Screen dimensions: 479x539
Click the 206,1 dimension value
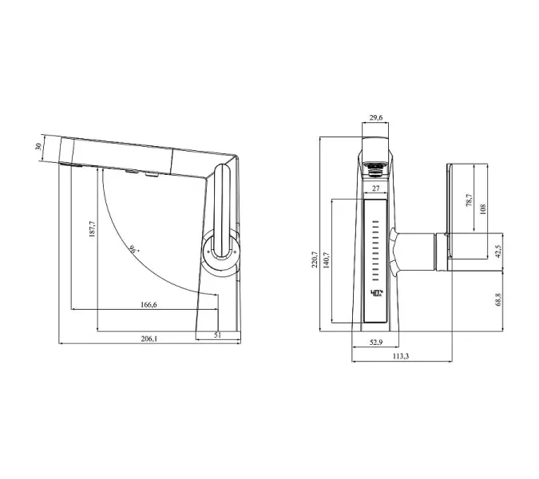point(149,338)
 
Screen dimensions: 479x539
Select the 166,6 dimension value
point(148,304)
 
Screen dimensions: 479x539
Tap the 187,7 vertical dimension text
point(92,235)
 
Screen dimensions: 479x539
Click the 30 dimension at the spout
point(37,148)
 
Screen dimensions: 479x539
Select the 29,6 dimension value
point(376,118)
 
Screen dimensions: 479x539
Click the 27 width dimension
point(375,189)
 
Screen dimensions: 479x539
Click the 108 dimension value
point(482,209)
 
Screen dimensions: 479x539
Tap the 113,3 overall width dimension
point(401,356)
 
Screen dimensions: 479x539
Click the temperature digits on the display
point(375,293)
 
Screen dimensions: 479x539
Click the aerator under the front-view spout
point(375,168)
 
